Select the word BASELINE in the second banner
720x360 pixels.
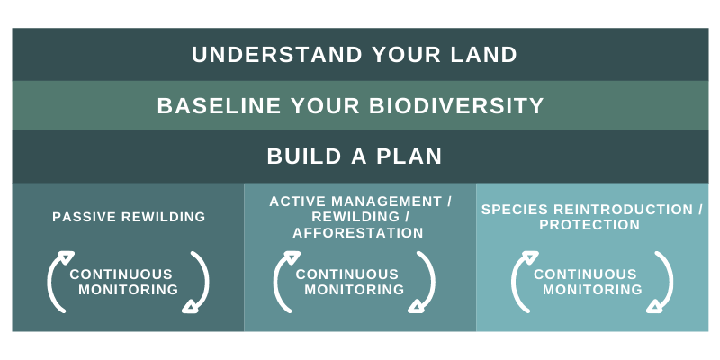click(x=219, y=105)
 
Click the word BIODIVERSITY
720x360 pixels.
click(x=456, y=105)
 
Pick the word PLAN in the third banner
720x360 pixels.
click(x=409, y=157)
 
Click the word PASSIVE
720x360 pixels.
click(x=78, y=217)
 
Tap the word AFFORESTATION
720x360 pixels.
click(x=358, y=233)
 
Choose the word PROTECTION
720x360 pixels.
click(x=589, y=225)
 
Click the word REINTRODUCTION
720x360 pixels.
click(x=623, y=210)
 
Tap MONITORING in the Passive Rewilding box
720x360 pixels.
click(x=128, y=290)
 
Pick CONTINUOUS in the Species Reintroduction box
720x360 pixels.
click(x=585, y=274)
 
